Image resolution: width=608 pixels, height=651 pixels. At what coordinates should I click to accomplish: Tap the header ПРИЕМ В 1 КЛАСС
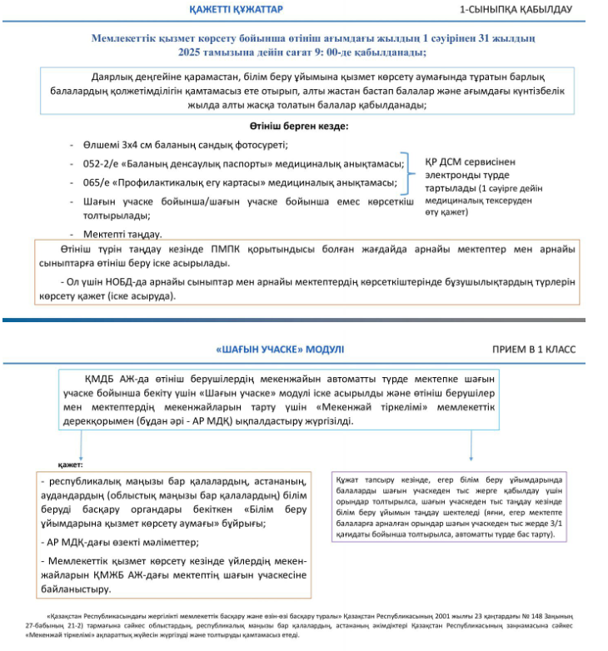pyautogui.click(x=532, y=349)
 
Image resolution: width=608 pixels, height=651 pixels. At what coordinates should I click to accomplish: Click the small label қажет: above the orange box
pyautogui.click(x=68, y=465)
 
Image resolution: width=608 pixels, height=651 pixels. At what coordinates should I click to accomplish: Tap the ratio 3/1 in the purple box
pyautogui.click(x=552, y=524)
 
